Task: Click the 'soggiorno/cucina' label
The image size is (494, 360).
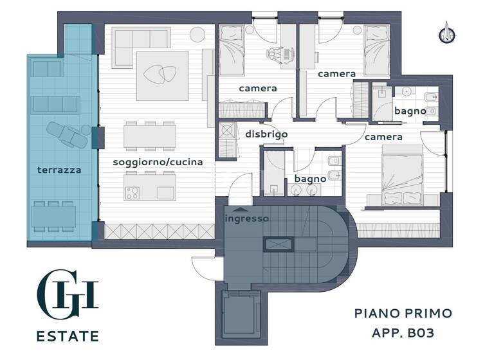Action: click(x=158, y=162)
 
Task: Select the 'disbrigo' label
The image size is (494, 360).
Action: click(x=266, y=134)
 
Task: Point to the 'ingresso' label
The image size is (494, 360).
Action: click(x=247, y=219)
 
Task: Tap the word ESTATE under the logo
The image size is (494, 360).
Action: click(x=68, y=336)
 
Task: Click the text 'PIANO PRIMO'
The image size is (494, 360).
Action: click(x=403, y=314)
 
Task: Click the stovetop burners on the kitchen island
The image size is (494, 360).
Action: click(x=133, y=192)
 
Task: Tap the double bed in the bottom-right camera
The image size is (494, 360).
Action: click(x=403, y=174)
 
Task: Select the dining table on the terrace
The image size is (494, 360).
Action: click(x=54, y=213)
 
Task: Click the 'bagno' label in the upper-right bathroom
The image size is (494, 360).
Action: click(x=410, y=111)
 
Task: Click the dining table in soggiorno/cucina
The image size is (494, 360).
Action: click(x=151, y=134)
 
